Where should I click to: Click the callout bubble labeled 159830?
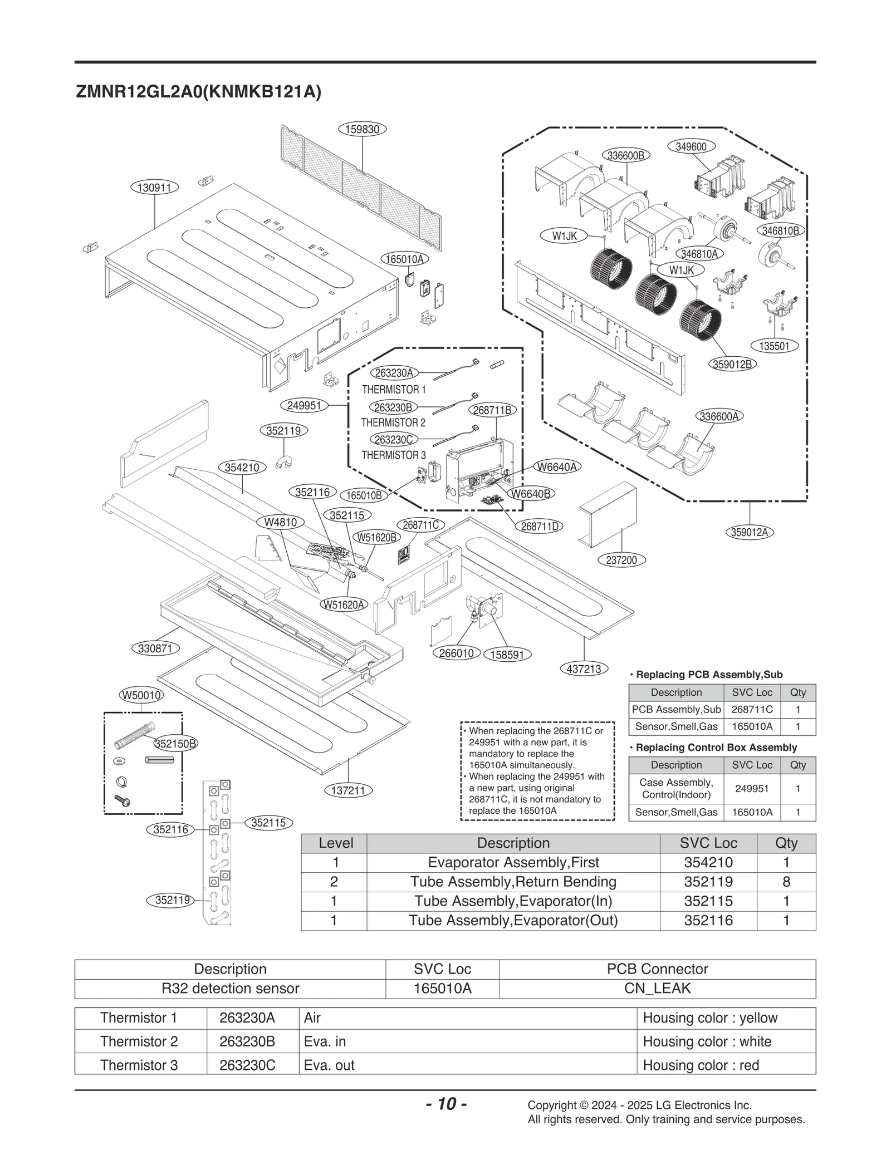[x=362, y=130]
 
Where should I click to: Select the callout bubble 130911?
[x=154, y=188]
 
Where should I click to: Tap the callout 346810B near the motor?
[x=780, y=230]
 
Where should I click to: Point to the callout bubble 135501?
[x=774, y=346]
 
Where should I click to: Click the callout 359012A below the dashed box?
[x=749, y=532]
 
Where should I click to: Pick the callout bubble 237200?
[x=621, y=560]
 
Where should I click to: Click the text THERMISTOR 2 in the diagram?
[x=393, y=422]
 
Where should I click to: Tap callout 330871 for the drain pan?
[x=155, y=648]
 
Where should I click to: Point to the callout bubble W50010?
[x=141, y=695]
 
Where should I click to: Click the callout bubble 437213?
[x=584, y=669]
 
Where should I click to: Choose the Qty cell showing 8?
[x=786, y=882]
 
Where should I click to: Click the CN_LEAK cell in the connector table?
[x=657, y=988]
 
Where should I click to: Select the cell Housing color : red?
[x=701, y=1065]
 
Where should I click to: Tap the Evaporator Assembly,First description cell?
[x=513, y=862]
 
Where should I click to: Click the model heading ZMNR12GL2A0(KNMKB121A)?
[x=198, y=92]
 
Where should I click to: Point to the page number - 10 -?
[x=445, y=1103]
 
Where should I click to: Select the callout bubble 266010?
[x=456, y=653]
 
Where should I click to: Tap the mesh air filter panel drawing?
[x=362, y=184]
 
